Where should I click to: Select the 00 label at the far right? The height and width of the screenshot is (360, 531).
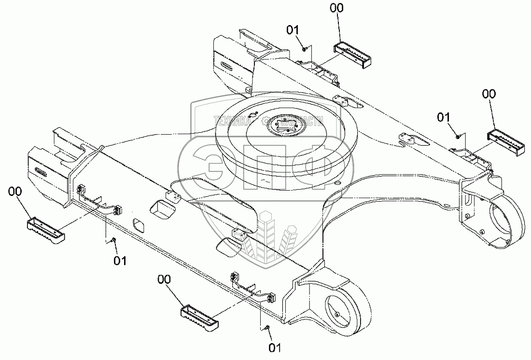tap(489, 95)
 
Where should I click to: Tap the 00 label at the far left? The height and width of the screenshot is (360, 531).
tap(15, 192)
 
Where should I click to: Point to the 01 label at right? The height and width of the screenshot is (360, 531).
tap(444, 117)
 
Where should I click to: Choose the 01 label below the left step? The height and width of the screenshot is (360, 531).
tap(120, 261)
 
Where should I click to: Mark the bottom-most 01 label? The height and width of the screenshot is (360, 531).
tap(275, 346)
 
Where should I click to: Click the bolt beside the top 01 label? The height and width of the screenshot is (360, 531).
tap(304, 47)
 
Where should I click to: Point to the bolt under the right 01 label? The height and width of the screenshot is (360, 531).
tap(457, 136)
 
